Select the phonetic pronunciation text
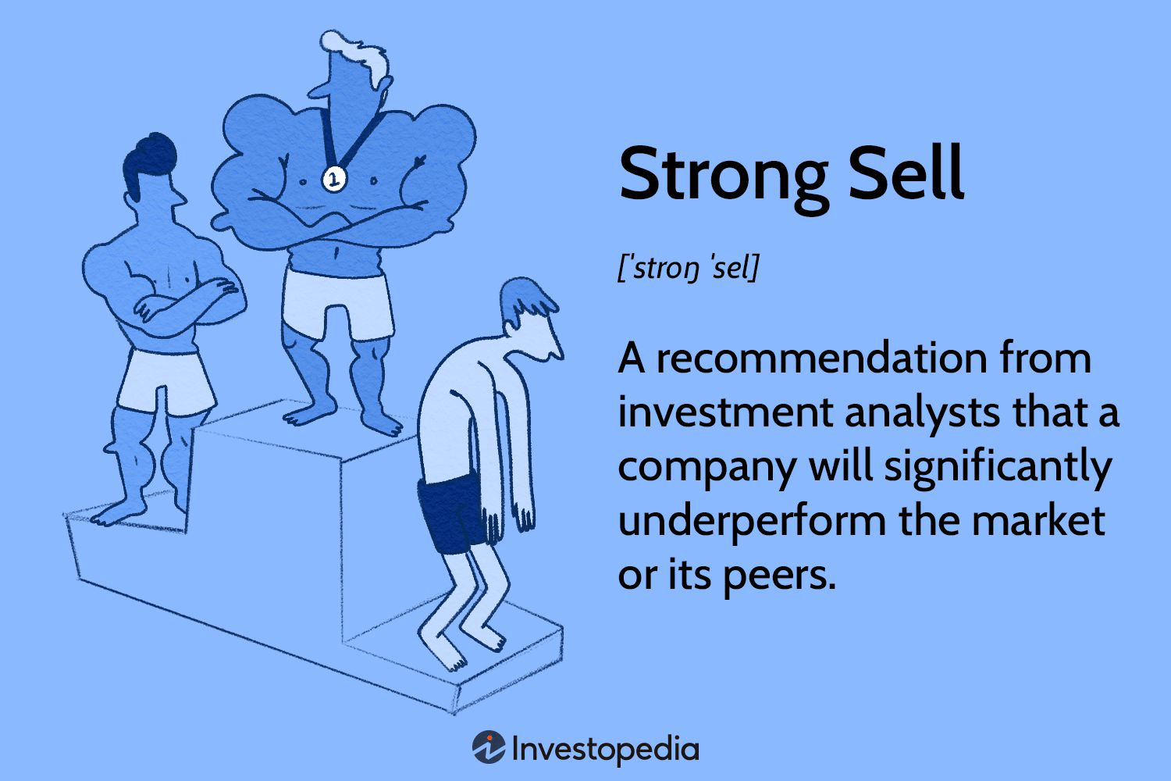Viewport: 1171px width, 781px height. (688, 269)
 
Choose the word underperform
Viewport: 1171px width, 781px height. (753, 522)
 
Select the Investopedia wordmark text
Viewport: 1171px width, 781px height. (605, 750)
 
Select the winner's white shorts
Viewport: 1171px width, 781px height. (338, 303)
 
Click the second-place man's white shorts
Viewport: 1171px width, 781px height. (166, 381)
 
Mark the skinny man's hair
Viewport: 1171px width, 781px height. (525, 301)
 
